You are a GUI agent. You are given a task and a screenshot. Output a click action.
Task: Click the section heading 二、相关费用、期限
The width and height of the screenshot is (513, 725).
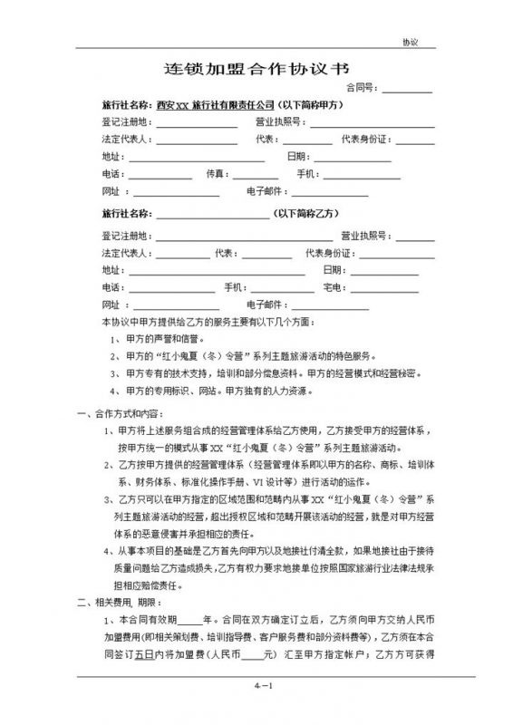point(111,601)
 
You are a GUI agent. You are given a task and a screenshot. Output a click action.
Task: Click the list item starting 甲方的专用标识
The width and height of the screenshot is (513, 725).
point(217,391)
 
